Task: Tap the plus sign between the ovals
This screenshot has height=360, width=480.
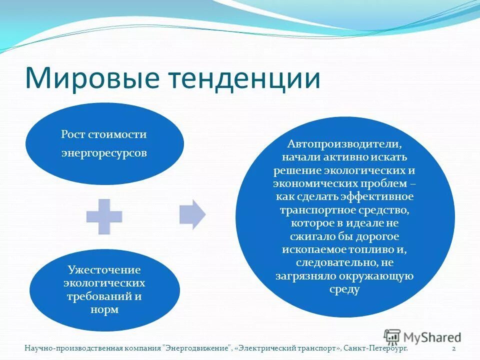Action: click(104, 216)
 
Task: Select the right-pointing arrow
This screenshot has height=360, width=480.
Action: click(192, 214)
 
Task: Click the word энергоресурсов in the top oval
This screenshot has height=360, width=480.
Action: click(104, 153)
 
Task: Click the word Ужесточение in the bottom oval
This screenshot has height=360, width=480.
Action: click(104, 270)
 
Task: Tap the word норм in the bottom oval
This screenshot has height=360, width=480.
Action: click(104, 309)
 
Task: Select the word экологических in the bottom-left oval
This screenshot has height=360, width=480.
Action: click(104, 283)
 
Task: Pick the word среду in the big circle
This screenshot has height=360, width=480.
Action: click(344, 289)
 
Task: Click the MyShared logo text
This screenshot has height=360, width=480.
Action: click(432, 337)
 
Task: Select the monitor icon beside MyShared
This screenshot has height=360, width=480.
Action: click(392, 336)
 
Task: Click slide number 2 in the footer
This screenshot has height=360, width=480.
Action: click(453, 348)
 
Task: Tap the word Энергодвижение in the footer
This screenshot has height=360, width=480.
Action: click(198, 348)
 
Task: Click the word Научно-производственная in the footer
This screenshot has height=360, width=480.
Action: click(73, 348)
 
